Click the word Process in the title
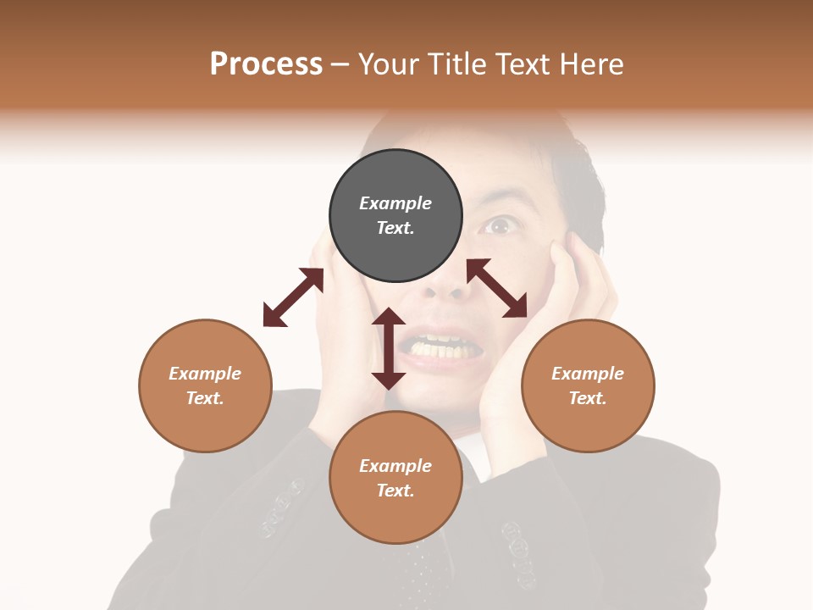tap(266, 64)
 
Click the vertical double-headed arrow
tap(389, 348)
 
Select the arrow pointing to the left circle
tap(293, 297)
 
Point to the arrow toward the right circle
tap(497, 288)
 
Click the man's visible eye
tap(500, 226)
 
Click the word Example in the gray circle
tap(395, 203)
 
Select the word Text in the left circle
tap(205, 398)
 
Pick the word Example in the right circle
tap(588, 374)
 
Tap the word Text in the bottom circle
tap(395, 491)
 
